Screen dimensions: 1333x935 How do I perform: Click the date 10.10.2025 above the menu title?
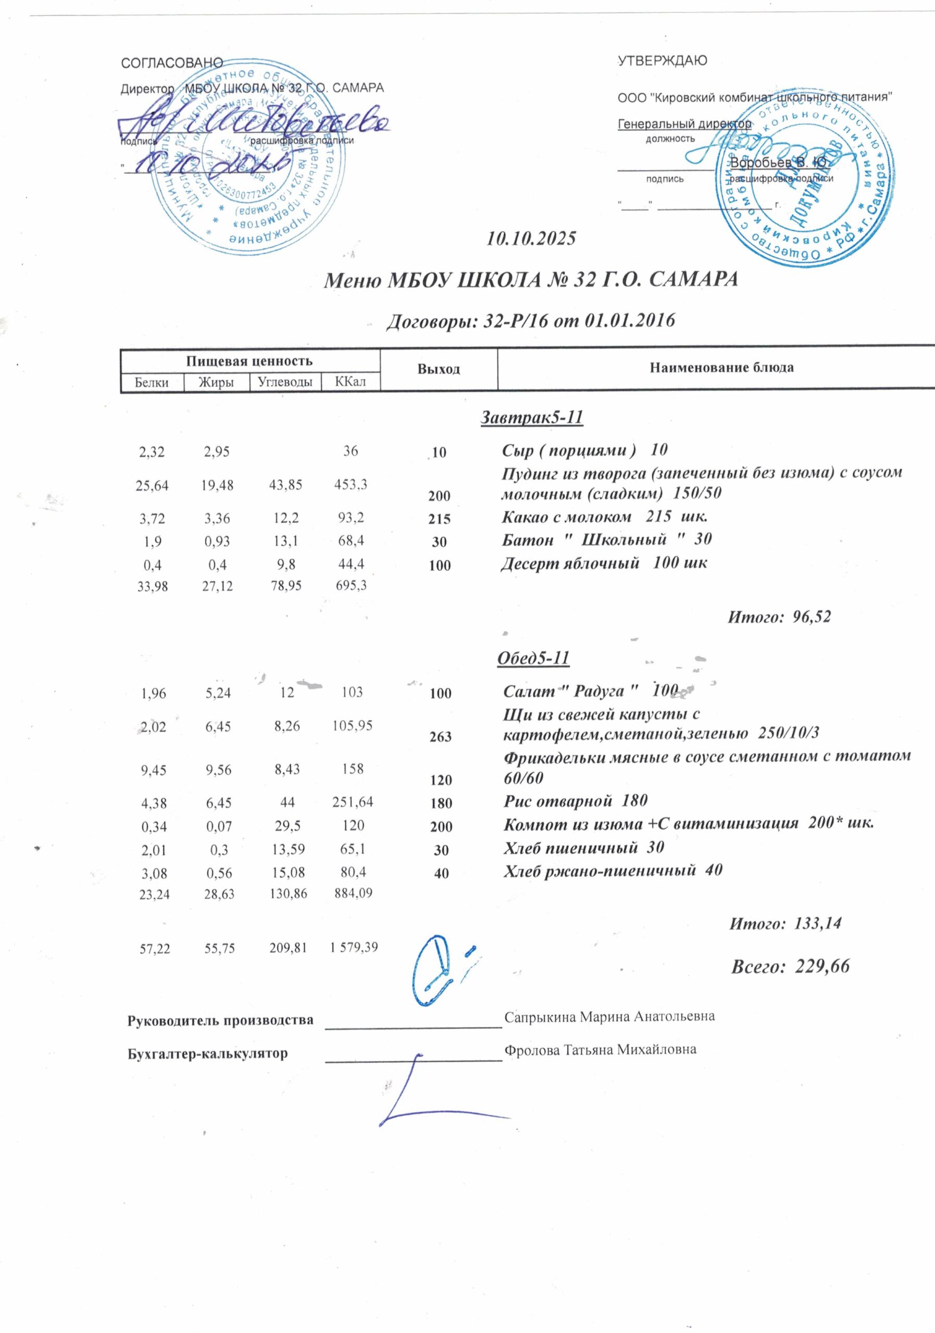tap(531, 238)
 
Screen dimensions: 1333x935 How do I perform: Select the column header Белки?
tap(152, 383)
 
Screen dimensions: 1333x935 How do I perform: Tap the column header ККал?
tap(350, 383)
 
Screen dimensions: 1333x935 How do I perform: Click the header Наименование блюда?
tap(721, 368)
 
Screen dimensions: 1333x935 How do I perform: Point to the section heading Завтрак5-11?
tap(531, 418)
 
